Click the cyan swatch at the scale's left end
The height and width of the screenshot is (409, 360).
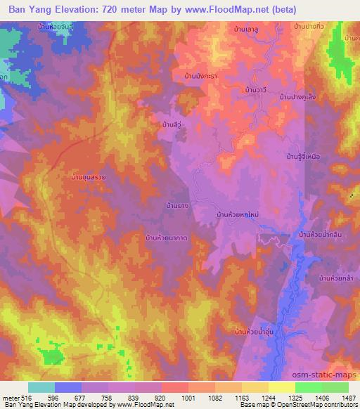click(41, 387)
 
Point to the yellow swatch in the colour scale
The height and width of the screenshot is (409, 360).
click(282, 387)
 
